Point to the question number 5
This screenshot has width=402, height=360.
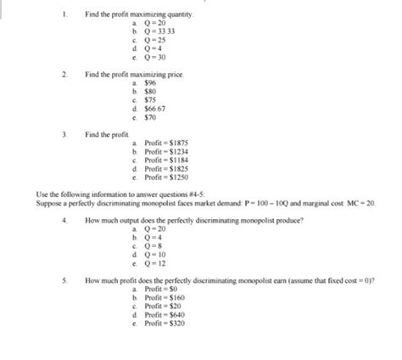point(64,281)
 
